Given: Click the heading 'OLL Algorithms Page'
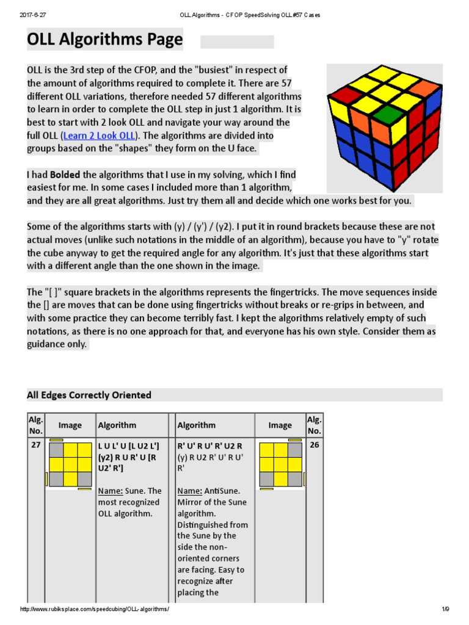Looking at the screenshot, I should point(104,40).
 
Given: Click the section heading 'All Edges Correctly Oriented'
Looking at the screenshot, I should point(89,395).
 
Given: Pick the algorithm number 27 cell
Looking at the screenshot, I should point(35,446).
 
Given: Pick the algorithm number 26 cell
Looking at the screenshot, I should point(314,446).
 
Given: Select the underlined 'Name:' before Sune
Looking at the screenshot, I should point(110,490).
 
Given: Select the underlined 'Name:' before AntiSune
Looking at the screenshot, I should point(189,490).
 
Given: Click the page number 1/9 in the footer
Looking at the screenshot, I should point(445,609).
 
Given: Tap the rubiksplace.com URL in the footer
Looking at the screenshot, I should point(95,609).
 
